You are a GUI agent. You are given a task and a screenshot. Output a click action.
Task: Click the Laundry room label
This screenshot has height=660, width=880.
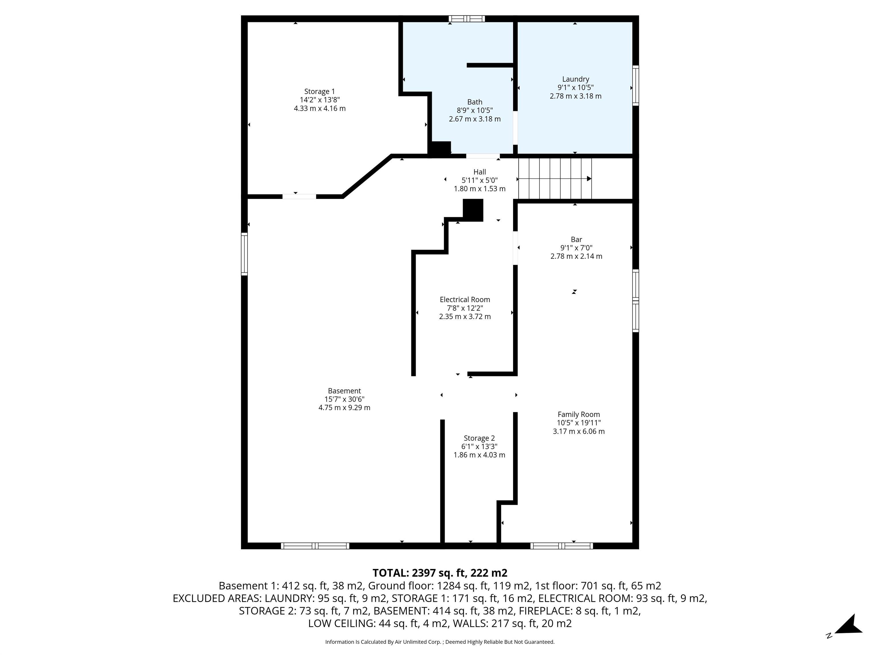pos(575,79)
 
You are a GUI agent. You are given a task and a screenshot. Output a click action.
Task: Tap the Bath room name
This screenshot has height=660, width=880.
pos(475,102)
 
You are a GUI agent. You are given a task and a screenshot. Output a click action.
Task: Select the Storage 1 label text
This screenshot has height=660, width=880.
pos(319,91)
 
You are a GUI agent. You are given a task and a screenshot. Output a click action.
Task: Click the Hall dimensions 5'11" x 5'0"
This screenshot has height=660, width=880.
pos(479,180)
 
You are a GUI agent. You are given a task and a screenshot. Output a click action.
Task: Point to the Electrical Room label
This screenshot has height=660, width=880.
pos(465,300)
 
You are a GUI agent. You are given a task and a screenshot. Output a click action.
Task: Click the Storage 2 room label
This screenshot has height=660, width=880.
pos(479,438)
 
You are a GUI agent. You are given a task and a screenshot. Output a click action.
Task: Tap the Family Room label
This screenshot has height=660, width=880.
pos(578,415)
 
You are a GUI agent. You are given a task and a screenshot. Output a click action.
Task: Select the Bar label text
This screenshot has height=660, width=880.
pos(576,239)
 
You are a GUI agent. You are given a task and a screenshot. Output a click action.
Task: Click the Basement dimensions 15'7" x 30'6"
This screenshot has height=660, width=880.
pos(344,399)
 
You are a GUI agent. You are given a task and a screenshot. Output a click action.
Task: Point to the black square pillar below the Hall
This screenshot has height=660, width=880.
pos(473,210)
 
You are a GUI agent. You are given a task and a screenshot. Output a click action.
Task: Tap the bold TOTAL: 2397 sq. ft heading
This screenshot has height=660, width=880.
pos(440,573)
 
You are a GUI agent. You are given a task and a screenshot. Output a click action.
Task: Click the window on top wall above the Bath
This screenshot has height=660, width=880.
pos(467,19)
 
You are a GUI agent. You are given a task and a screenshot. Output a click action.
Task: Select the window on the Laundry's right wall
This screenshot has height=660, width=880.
pos(635,86)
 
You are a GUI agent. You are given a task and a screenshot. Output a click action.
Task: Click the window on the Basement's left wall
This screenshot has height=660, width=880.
pos(244,254)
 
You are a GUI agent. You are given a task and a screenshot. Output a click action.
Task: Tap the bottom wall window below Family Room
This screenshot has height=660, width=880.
pos(561,546)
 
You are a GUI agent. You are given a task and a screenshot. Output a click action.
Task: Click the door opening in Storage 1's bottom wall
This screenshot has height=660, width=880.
pos(299,197)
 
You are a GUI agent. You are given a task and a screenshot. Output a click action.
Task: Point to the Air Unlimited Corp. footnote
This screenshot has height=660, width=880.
pos(440,642)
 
